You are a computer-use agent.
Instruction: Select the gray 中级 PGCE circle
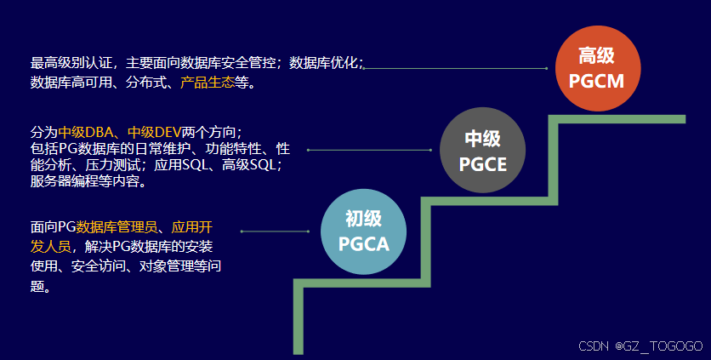pos(482,151)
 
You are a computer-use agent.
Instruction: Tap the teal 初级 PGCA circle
pos(363,231)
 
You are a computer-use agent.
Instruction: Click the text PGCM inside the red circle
pos(596,83)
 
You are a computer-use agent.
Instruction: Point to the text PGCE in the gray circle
pos(482,164)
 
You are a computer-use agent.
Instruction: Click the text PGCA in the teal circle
pos(363,245)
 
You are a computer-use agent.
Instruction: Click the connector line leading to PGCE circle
pos(370,150)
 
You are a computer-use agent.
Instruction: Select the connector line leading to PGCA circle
pos(275,231)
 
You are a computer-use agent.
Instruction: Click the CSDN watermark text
pos(594,346)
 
